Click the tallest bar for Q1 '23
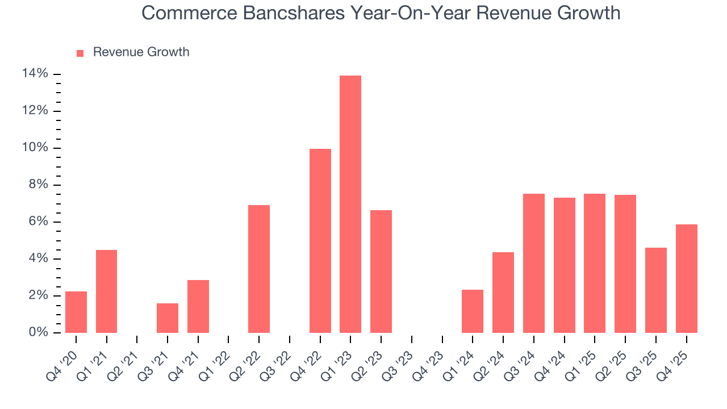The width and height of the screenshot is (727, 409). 350,204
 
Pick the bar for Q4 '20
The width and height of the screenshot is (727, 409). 76,312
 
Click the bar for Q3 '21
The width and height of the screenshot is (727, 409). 168,318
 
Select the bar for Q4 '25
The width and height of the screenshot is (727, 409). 686,278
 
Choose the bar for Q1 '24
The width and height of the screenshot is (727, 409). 473,311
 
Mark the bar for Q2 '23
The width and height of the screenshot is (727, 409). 381,271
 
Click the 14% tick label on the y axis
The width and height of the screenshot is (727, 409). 35,74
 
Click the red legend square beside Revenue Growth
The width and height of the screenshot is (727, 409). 80,53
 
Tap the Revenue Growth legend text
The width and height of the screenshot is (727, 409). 141,52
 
